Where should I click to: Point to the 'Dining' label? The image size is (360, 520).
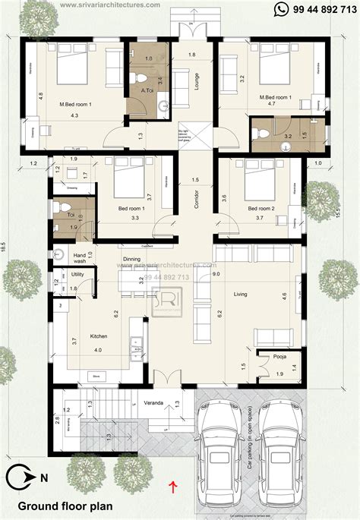[131, 259]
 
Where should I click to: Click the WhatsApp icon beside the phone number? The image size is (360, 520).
[282, 9]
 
